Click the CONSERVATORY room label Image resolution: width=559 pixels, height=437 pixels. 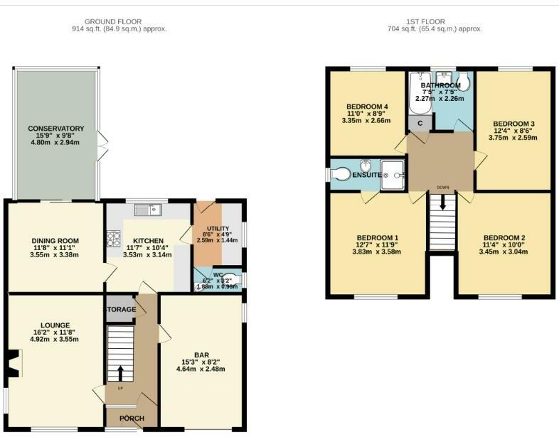tap(55, 129)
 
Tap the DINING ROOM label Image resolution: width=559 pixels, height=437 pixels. tap(54, 240)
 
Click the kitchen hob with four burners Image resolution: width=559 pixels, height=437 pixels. tap(114, 239)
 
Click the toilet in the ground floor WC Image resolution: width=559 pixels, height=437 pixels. tap(232, 281)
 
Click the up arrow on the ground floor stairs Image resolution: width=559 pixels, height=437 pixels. tap(119, 372)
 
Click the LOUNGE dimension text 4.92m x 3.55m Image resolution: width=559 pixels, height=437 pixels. tap(54, 339)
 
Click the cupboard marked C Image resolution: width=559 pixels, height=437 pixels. tap(420, 123)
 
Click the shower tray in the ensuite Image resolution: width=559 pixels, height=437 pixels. tap(393, 175)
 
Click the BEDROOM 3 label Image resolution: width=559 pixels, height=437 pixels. tap(513, 124)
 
